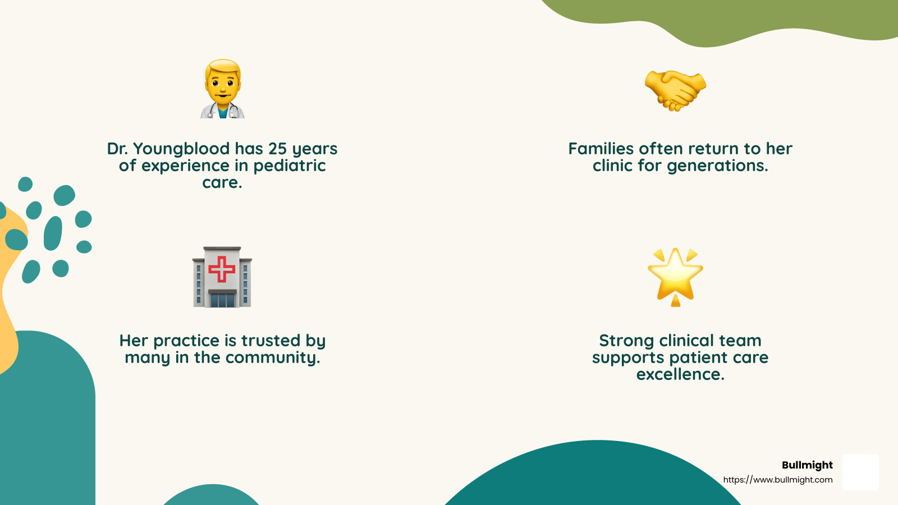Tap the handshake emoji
(675, 90)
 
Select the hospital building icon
(222, 277)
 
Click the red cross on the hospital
(222, 269)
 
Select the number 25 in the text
(277, 149)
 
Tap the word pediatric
(289, 166)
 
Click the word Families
(601, 149)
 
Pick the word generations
(717, 166)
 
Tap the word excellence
(680, 375)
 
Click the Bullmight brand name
(807, 465)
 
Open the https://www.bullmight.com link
(777, 480)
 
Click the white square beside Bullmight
(860, 472)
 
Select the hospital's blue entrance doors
(222, 300)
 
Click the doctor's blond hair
(223, 67)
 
